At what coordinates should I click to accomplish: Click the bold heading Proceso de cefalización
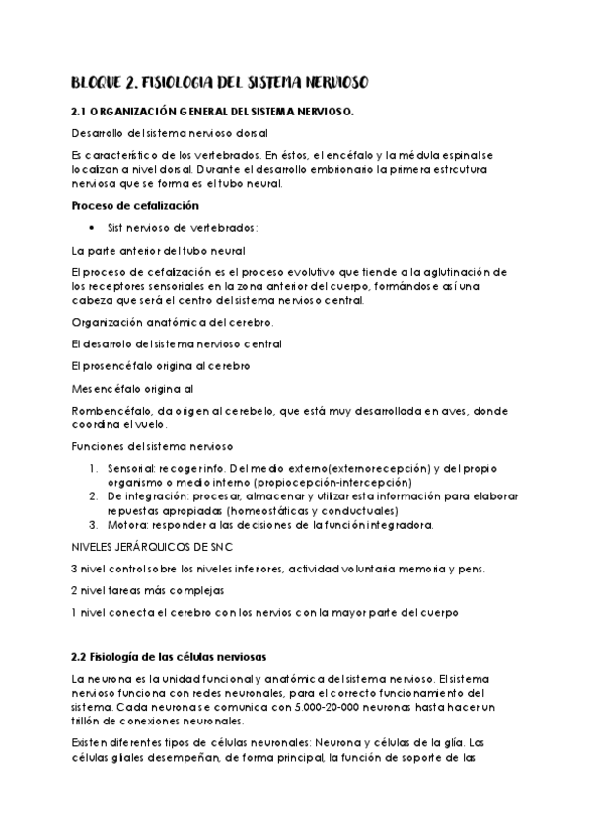(136, 205)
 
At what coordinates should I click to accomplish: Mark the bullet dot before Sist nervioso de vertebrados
(92, 228)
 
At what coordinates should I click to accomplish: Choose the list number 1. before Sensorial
(93, 467)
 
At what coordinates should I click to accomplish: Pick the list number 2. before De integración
(93, 495)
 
